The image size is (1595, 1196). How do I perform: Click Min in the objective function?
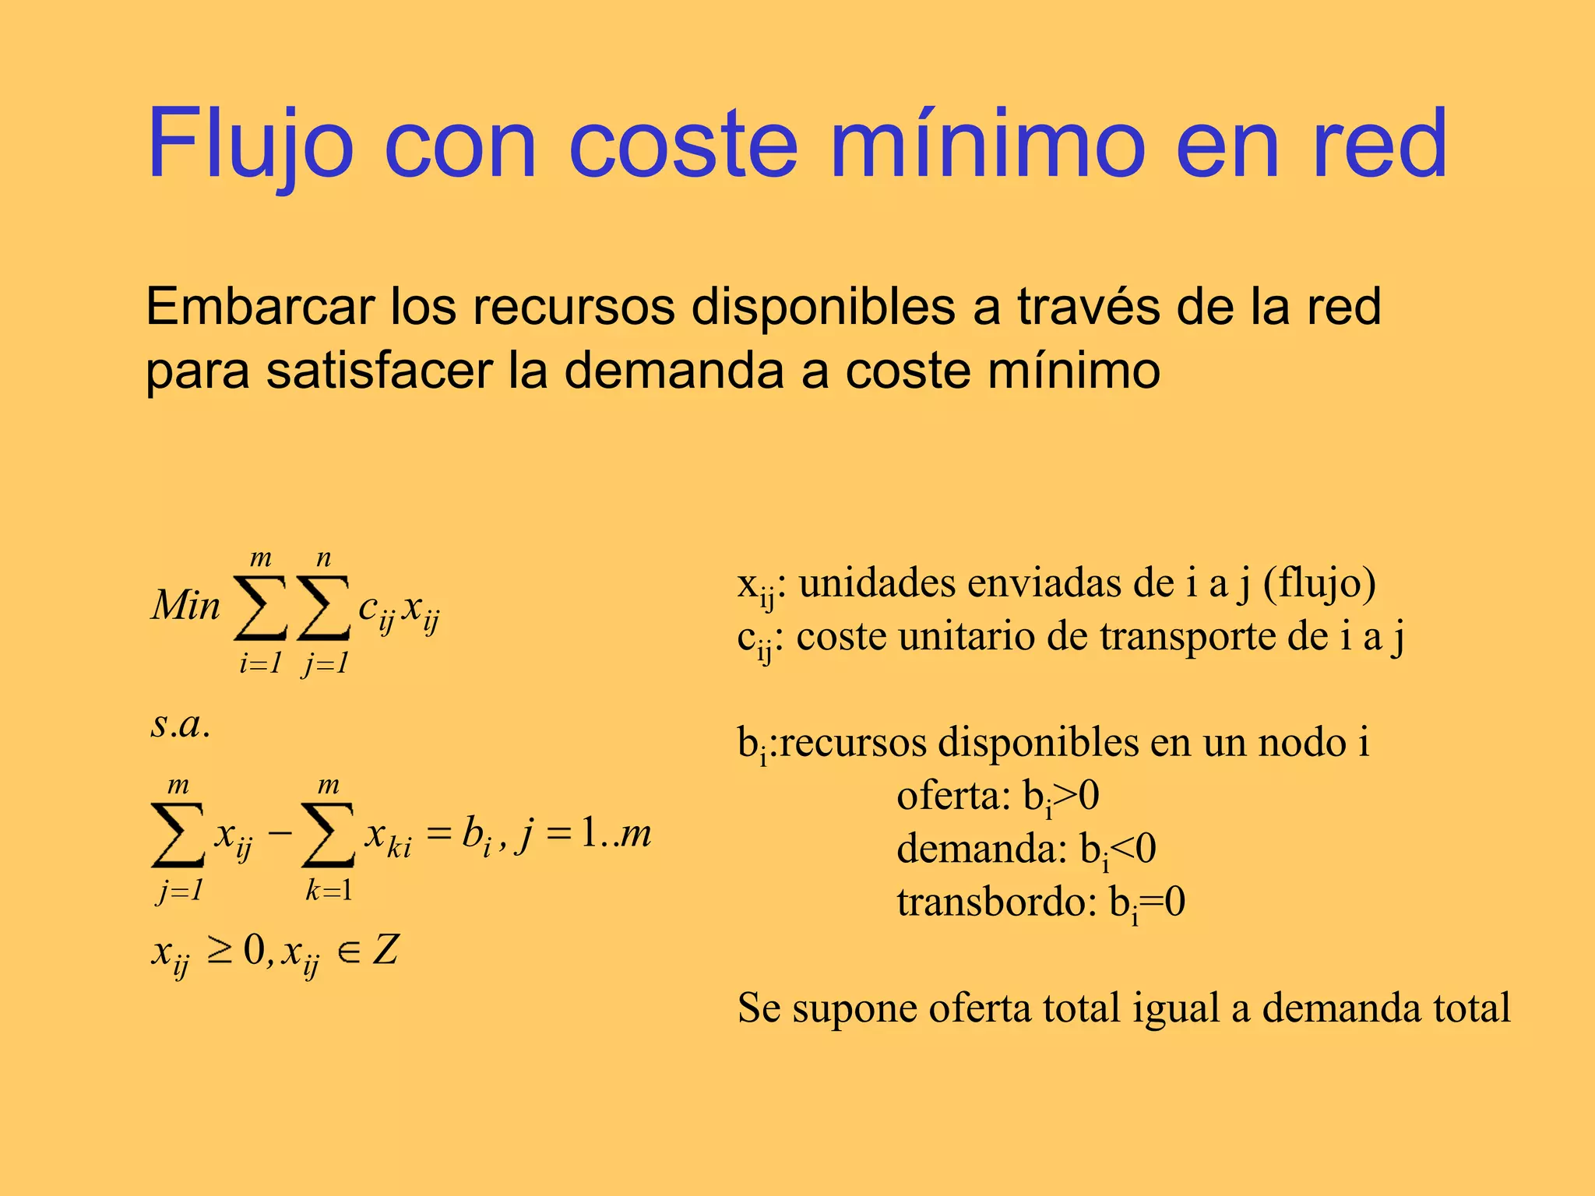[186, 606]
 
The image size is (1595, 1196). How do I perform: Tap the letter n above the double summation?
[324, 558]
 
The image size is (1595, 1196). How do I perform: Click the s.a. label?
[181, 725]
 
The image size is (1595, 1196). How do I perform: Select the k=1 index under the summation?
[328, 890]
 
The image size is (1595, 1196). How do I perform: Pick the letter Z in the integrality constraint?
[386, 951]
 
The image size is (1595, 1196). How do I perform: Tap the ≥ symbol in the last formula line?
[220, 952]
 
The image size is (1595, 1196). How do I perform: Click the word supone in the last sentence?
[854, 1009]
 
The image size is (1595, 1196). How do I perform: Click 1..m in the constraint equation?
[616, 834]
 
